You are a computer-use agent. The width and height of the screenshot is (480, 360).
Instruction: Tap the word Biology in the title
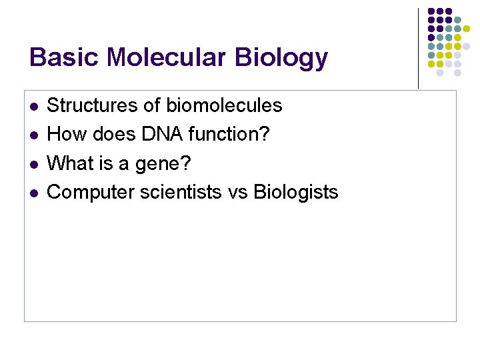tap(281, 59)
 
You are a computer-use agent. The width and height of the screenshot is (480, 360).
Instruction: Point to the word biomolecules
tap(224, 105)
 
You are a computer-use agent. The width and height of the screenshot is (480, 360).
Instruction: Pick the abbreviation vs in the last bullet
tap(237, 193)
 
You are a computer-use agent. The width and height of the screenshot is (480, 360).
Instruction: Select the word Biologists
tap(297, 193)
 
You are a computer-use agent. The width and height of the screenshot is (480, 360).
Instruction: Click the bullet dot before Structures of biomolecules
tap(34, 106)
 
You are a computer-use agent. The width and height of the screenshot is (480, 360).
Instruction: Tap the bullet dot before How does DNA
tap(34, 135)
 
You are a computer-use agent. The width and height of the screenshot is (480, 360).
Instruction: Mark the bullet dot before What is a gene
tap(34, 164)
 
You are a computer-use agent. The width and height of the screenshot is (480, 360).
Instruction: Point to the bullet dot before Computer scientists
tap(34, 193)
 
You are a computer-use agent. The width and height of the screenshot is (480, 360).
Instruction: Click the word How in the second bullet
tap(65, 134)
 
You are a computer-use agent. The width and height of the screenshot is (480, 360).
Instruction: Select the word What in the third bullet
tap(70, 163)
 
